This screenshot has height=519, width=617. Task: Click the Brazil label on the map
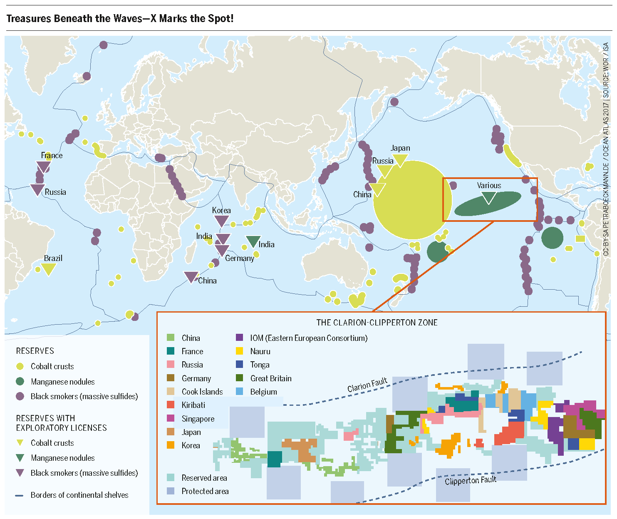[x=53, y=258]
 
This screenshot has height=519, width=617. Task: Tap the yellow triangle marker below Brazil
[x=49, y=270]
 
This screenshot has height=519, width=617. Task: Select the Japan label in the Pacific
[x=400, y=148]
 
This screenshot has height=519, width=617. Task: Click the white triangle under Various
[x=489, y=198]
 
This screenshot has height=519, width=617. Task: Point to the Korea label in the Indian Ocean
[x=221, y=210]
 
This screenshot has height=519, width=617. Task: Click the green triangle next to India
[x=253, y=241]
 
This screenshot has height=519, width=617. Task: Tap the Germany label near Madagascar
[x=240, y=258]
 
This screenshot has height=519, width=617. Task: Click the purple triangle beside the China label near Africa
[x=191, y=277]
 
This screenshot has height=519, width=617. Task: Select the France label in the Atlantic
[x=52, y=156]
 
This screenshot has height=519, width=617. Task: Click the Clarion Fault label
[x=367, y=385]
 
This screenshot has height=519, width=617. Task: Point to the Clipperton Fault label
[x=471, y=481]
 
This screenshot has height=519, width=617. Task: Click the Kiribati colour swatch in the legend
[x=171, y=405]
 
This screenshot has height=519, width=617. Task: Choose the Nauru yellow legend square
[x=239, y=351]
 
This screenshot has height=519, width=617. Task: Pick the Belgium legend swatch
[x=239, y=392]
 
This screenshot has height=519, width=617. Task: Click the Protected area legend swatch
[x=171, y=491]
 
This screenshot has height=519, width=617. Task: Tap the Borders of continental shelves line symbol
[x=19, y=495]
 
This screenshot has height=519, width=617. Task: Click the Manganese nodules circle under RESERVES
[x=20, y=382]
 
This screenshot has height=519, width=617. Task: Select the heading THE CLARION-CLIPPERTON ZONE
[x=377, y=323]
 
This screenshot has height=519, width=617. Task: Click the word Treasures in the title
[x=28, y=19]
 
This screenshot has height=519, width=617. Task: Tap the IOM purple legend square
[x=239, y=338]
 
